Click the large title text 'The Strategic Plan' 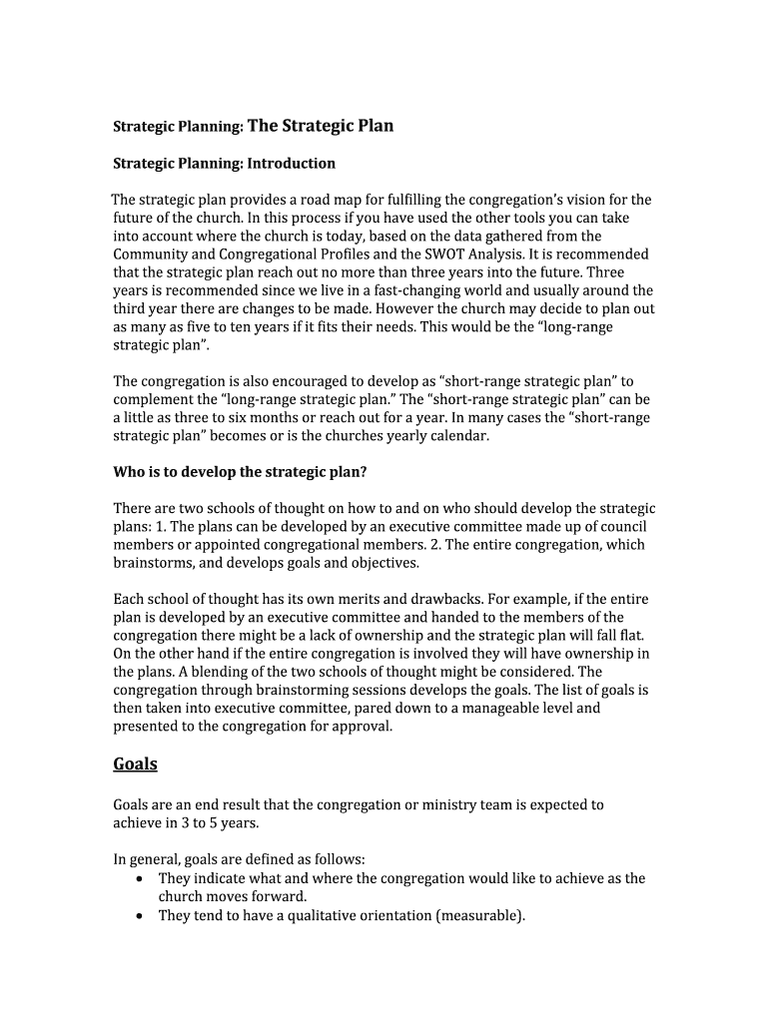pos(320,126)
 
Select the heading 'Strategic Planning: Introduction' pos(224,163)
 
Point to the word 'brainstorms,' pos(156,562)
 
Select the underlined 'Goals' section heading pos(135,764)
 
